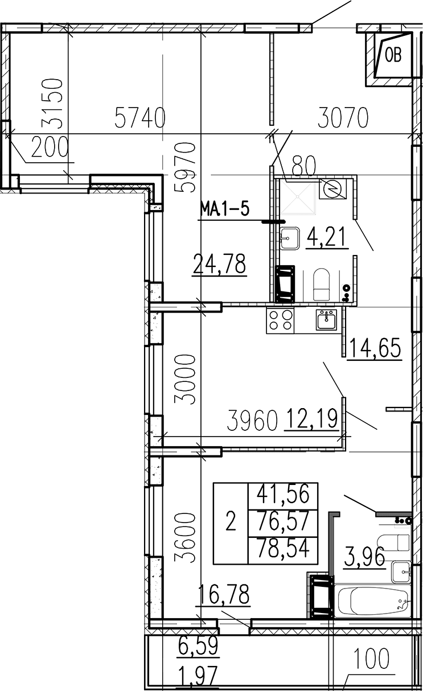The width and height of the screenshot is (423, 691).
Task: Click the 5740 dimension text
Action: pyautogui.click(x=139, y=117)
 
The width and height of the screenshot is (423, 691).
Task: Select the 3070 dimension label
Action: pyautogui.click(x=343, y=117)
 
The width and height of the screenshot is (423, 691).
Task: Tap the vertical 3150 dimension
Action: pyautogui.click(x=52, y=104)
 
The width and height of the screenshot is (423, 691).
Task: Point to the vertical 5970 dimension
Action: pyautogui.click(x=184, y=167)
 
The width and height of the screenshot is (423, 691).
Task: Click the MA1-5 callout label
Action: pyautogui.click(x=225, y=209)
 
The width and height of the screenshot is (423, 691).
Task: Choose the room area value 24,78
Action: pyautogui.click(x=219, y=264)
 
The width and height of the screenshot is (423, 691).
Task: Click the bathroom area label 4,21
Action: pyautogui.click(x=327, y=237)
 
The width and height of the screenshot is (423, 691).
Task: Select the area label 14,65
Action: pyautogui.click(x=375, y=348)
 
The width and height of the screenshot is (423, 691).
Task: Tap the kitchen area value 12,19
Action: pyautogui.click(x=311, y=418)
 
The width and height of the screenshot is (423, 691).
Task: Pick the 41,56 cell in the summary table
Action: pyautogui.click(x=283, y=493)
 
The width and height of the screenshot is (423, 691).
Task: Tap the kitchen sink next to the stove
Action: pyautogui.click(x=326, y=319)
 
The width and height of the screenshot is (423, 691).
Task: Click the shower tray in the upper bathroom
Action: pyautogui.click(x=298, y=196)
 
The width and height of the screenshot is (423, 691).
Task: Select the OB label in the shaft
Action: pyautogui.click(x=393, y=56)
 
